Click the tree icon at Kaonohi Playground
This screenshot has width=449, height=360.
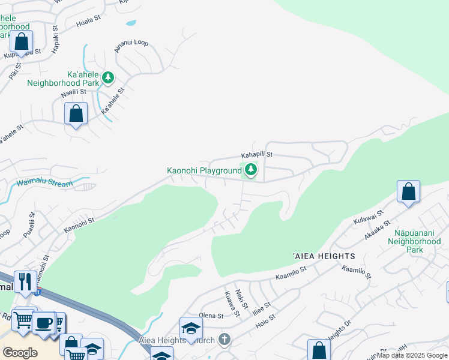coord(250,171)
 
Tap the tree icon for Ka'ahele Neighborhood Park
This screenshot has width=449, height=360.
coord(107,77)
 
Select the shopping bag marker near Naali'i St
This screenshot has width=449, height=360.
coord(76,113)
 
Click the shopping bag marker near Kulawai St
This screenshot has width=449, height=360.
coord(408,192)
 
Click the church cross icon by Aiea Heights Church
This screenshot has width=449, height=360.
coord(224,340)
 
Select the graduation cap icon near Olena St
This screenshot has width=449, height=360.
coord(191,328)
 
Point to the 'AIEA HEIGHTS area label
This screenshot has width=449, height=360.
coord(324,256)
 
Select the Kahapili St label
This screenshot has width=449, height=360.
coord(257,154)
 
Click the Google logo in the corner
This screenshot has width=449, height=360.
coord(20,352)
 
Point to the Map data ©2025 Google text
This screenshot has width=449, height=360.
coord(412,355)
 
